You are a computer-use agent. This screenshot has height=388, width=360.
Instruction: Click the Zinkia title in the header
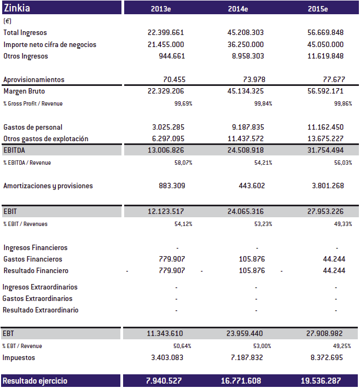point(17,8)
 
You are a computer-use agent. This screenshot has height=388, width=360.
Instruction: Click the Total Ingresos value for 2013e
point(166,33)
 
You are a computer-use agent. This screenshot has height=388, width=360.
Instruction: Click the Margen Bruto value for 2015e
point(326,91)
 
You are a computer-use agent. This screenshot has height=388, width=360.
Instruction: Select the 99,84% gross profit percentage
point(263,103)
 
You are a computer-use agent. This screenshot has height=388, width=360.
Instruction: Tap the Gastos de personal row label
point(33,127)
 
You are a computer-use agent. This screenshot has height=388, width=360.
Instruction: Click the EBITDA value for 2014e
point(246,150)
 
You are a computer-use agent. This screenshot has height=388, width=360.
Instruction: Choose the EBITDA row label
point(14,150)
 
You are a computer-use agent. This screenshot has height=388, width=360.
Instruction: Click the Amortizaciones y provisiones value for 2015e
point(328,186)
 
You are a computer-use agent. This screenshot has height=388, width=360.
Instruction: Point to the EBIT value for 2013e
point(166,211)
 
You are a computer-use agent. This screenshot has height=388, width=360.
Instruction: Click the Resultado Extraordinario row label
point(40,310)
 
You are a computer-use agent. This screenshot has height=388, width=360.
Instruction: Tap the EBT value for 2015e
point(326,333)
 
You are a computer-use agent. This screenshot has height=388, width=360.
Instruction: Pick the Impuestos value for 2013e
point(168,357)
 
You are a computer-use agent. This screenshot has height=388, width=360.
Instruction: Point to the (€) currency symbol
point(8,21)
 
